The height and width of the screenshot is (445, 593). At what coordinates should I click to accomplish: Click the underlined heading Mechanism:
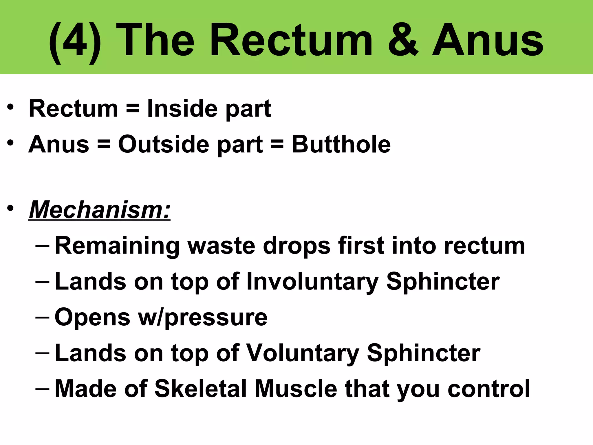tap(100, 209)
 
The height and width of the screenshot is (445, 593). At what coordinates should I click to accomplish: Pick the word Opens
tap(92, 317)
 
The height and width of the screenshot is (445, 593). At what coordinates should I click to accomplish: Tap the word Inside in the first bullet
tap(182, 109)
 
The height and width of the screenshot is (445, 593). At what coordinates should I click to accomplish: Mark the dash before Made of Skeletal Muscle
tap(42, 388)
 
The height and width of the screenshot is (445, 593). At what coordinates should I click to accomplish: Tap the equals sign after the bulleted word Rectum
tap(133, 109)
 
